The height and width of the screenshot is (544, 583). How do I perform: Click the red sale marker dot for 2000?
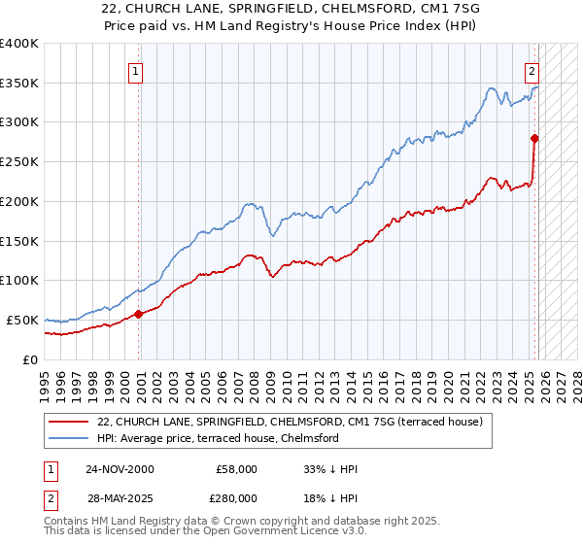[x=138, y=313]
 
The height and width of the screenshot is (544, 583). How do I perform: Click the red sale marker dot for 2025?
[x=534, y=138]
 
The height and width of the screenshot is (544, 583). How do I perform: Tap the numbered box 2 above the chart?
[x=532, y=70]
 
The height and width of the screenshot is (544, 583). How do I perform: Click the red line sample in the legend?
[x=70, y=422]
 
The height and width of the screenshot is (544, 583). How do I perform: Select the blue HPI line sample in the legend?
[x=70, y=438]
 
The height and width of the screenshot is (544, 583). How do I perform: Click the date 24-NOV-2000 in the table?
[x=119, y=469]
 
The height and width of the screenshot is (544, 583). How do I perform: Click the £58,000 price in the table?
[x=237, y=469]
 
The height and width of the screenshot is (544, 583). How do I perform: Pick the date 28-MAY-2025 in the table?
[x=119, y=498]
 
